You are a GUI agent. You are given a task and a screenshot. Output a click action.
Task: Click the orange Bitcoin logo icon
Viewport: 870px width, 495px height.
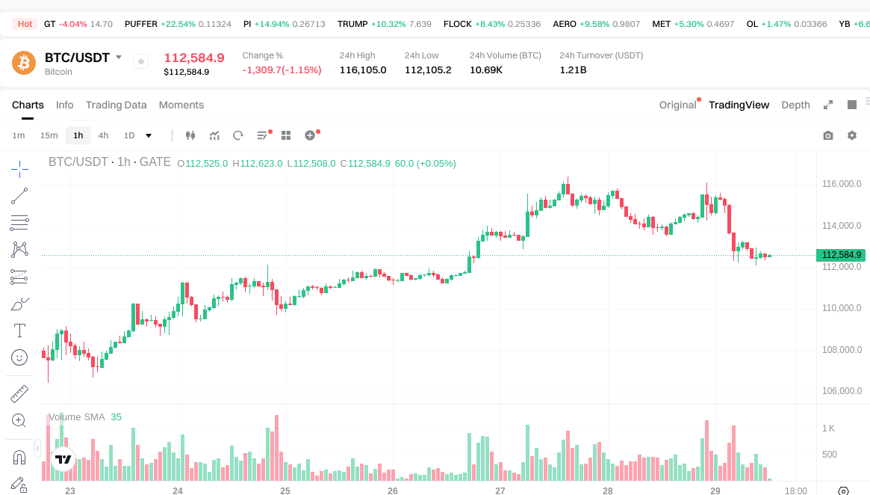coord(24,63)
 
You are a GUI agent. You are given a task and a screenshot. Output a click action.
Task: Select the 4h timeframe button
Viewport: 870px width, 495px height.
coord(103,135)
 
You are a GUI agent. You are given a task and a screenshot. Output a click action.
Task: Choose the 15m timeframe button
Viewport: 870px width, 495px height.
coord(49,135)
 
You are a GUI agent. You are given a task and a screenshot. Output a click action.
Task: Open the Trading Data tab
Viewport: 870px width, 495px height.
coord(116,105)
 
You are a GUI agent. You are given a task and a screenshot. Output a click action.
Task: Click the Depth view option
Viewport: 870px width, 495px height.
coord(795,105)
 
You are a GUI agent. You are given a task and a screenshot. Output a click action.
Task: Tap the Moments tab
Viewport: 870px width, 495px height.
coord(181,105)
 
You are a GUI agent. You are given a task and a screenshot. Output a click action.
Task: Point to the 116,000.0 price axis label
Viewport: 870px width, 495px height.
coord(842,184)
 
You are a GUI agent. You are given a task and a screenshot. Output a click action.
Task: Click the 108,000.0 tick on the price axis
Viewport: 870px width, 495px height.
coord(842,350)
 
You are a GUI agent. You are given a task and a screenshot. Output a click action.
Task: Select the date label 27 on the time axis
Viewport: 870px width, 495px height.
coord(500,491)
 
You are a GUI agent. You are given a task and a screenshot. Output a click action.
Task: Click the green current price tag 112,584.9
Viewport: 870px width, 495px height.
coord(842,255)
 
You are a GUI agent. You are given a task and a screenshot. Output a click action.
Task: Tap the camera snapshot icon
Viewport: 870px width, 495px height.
coord(828,135)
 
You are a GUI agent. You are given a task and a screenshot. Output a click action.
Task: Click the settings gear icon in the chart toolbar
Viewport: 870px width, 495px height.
coord(852,135)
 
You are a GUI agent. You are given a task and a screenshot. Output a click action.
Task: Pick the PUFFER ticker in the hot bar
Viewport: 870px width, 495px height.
coord(141,24)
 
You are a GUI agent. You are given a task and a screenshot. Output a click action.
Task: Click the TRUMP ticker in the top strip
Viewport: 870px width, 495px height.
coord(352,24)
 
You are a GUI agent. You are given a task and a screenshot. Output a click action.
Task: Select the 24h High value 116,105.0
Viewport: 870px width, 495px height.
coord(363,70)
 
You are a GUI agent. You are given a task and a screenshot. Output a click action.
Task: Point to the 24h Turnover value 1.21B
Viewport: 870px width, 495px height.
coord(573,70)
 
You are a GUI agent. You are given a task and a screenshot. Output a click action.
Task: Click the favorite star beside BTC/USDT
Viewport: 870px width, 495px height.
coord(141,62)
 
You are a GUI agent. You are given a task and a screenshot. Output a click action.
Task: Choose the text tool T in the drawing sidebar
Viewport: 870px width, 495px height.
coord(19,330)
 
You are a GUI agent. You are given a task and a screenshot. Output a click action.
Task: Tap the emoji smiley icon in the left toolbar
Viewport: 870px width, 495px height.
coord(19,357)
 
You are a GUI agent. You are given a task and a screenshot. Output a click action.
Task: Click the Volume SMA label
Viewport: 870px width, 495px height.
coord(77,417)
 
